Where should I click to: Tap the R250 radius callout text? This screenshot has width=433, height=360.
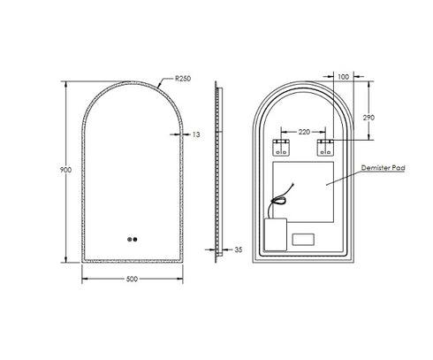(183, 79)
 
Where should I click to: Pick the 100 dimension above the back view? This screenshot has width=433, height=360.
(343, 78)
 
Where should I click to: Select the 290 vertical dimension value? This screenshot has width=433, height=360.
(368, 117)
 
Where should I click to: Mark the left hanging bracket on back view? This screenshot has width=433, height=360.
(284, 145)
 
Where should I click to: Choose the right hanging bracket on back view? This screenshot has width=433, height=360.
(325, 145)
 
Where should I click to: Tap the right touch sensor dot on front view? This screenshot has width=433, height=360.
(135, 238)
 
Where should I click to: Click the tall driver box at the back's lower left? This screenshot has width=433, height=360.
(276, 233)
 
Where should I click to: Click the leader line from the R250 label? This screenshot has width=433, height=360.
(165, 83)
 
